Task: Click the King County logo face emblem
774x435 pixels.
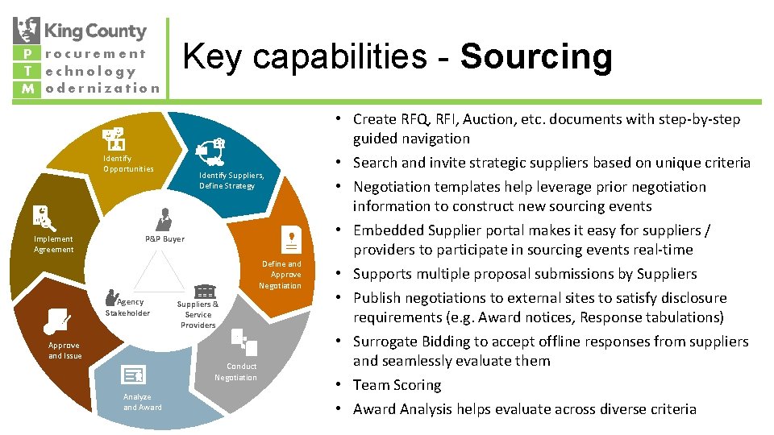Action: point(27,31)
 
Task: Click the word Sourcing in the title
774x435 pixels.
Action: point(536,56)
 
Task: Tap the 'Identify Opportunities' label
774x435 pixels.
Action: point(128,164)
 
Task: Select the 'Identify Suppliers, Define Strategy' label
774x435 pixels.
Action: point(231,180)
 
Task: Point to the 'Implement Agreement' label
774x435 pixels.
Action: point(53,244)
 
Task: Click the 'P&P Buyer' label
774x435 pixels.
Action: point(164,238)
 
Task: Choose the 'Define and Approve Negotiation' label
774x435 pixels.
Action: point(281,275)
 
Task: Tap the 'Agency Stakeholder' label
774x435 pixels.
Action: point(128,307)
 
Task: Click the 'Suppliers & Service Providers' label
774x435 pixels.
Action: point(198,314)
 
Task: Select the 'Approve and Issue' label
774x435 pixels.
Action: point(64,350)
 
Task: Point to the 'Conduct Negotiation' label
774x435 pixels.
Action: point(235,371)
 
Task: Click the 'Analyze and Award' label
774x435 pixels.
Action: point(143,402)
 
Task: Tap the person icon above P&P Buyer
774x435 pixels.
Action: point(164,218)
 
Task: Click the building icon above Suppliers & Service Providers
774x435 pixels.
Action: point(205,291)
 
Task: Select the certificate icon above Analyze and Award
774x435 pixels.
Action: point(132,375)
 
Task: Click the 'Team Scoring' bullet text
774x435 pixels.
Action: point(397,385)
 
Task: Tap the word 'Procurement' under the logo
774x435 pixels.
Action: point(95,54)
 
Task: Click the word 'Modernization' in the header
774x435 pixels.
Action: point(102,88)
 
